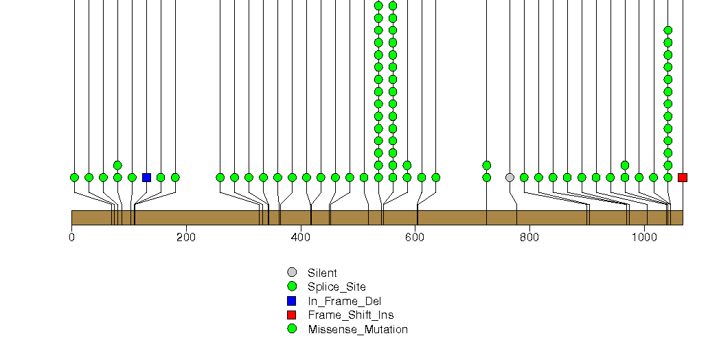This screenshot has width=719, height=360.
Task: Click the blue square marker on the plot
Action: click(147, 177)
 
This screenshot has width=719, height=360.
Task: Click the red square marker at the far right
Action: click(683, 177)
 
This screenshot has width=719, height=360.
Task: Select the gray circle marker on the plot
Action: click(510, 177)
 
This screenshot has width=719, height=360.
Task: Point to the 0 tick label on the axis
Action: click(71, 237)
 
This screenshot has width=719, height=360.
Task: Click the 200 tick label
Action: click(185, 237)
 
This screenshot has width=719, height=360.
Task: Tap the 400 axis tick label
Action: click(300, 237)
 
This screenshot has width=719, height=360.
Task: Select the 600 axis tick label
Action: click(415, 237)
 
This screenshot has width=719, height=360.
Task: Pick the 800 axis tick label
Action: click(529, 237)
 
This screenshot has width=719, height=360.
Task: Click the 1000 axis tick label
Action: click(644, 237)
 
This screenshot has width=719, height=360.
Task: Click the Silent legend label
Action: click(322, 273)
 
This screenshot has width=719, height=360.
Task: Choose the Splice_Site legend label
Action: click(337, 287)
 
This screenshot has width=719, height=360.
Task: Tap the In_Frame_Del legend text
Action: click(344, 302)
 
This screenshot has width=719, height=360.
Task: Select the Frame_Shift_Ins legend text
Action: click(351, 315)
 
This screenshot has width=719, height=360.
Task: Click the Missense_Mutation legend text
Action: click(358, 329)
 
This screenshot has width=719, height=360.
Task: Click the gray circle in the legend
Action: click(292, 273)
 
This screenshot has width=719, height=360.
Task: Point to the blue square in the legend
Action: click(292, 301)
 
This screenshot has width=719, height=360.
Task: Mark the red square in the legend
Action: click(292, 315)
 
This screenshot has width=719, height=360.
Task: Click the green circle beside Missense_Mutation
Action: click(292, 329)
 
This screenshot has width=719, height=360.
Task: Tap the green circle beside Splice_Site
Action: click(292, 286)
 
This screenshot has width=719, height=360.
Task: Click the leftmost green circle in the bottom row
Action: click(74, 177)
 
